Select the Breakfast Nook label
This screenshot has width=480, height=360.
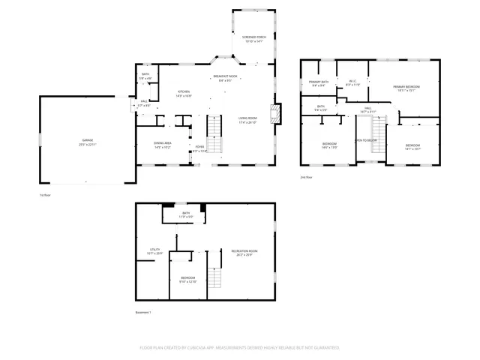click(225, 76)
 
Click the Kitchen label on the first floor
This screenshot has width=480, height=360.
click(184, 92)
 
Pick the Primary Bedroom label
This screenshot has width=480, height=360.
click(406, 87)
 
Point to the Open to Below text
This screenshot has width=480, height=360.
click(365, 140)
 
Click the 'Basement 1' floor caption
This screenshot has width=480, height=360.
click(143, 312)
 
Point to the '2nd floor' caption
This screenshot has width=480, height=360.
click(306, 177)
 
